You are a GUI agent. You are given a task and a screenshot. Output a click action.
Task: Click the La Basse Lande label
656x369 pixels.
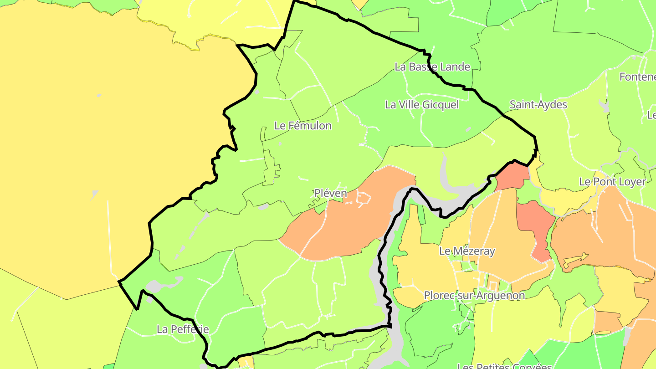tap(432, 67)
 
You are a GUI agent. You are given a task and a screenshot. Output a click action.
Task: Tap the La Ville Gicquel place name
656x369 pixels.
tap(422, 105)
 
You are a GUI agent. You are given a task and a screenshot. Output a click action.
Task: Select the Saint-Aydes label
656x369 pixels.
tap(538, 105)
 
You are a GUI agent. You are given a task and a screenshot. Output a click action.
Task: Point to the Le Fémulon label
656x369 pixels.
tap(303, 126)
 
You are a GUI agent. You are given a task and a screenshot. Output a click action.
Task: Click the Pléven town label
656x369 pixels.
tap(331, 193)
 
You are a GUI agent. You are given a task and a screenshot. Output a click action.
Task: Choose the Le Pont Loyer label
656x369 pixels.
tap(612, 182)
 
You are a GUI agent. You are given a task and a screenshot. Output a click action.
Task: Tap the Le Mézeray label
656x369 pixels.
tap(467, 251)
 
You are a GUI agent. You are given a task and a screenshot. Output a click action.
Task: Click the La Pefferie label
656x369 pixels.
tap(183, 329)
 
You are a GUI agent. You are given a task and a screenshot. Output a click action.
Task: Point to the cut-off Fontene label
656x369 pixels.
tap(637, 77)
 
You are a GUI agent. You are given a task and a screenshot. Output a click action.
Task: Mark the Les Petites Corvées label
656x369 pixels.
tap(504, 366)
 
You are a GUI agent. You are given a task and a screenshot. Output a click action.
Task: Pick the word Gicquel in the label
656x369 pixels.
tap(441, 105)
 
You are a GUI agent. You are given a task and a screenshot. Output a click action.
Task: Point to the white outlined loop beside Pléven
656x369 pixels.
tap(364, 198)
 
